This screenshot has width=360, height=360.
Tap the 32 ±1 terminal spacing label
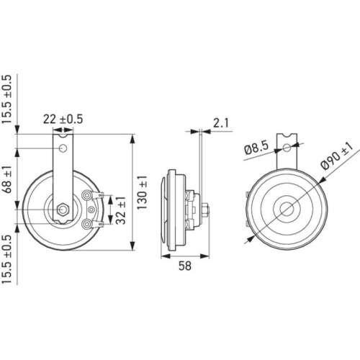coord(120,210)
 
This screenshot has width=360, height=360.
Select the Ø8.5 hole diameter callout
coord(256,149)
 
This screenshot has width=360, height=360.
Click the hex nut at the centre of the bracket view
coord(64,210)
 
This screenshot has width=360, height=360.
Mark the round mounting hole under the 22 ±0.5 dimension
coord(64,148)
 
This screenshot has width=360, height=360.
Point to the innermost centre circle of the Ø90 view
coord(287,210)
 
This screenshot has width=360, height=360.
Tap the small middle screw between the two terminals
coord(91,210)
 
